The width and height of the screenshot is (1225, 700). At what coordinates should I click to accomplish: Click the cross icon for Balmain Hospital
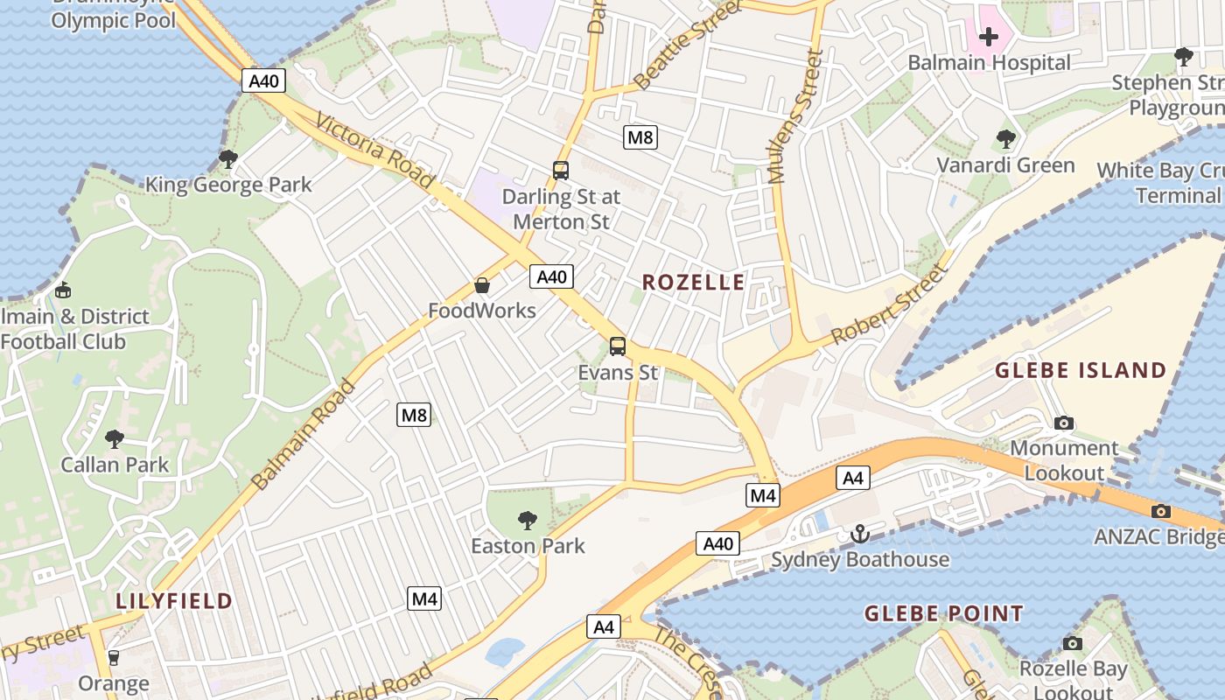pos(989,37)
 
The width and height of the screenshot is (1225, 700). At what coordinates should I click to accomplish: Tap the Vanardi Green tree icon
pos(1006,138)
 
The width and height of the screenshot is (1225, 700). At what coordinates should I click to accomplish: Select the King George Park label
pos(228,185)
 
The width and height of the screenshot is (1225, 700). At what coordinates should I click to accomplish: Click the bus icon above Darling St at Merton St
pos(561,171)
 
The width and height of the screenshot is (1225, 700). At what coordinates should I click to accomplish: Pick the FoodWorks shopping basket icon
pos(481,285)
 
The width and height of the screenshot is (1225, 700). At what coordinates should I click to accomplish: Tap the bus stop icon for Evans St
pos(618,346)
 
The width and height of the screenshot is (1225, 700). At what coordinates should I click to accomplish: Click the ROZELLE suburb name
pos(693,282)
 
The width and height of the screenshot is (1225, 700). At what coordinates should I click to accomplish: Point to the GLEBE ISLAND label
pos(1081,370)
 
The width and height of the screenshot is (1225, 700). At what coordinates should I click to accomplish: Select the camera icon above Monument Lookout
pos(1064,423)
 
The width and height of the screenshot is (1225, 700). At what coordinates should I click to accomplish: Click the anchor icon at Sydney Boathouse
pos(860,534)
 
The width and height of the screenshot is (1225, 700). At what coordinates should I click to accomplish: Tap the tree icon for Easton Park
pos(527,521)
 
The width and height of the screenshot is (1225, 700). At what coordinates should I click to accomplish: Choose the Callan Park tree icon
pos(114,438)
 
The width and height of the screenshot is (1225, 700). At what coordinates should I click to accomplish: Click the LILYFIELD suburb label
pos(174,601)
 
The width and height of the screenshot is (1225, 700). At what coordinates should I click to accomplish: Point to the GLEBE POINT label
pos(943,613)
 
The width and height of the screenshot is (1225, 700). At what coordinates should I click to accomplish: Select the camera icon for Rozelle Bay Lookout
pos(1072,643)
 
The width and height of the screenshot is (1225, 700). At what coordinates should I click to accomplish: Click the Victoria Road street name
pos(374,150)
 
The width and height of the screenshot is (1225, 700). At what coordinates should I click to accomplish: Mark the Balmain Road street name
pos(304,435)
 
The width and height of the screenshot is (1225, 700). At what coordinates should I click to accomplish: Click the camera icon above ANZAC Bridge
pos(1161,511)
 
